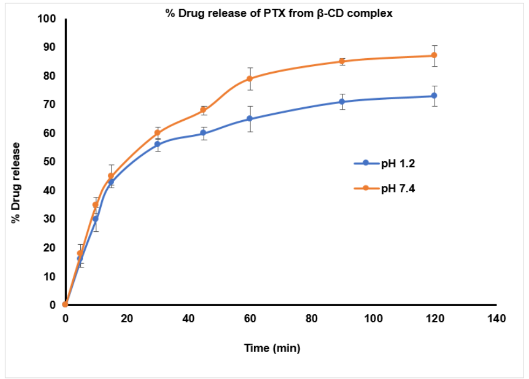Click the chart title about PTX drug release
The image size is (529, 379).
pyautogui.click(x=279, y=14)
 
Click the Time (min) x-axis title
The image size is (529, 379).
pyautogui.click(x=272, y=348)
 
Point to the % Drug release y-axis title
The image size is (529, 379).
pyautogui.click(x=17, y=182)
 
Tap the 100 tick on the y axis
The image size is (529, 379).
pyautogui.click(x=47, y=19)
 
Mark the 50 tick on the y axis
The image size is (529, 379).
pyautogui.click(x=50, y=162)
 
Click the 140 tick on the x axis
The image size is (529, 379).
pyautogui.click(x=496, y=319)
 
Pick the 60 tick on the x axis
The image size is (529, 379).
pyautogui.click(x=250, y=319)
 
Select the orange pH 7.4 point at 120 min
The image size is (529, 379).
pyautogui.click(x=434, y=56)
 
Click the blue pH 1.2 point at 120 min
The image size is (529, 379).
pyautogui.click(x=434, y=96)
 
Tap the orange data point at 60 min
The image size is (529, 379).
pyautogui.click(x=249, y=79)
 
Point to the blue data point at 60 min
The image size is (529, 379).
pyautogui.click(x=249, y=119)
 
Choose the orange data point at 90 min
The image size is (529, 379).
pyautogui.click(x=342, y=61)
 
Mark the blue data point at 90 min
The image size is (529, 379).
pyautogui.click(x=342, y=101)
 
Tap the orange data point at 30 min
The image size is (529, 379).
pyautogui.click(x=157, y=133)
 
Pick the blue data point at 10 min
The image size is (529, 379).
pyautogui.click(x=96, y=219)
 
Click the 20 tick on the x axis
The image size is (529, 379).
pyautogui.click(x=127, y=319)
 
